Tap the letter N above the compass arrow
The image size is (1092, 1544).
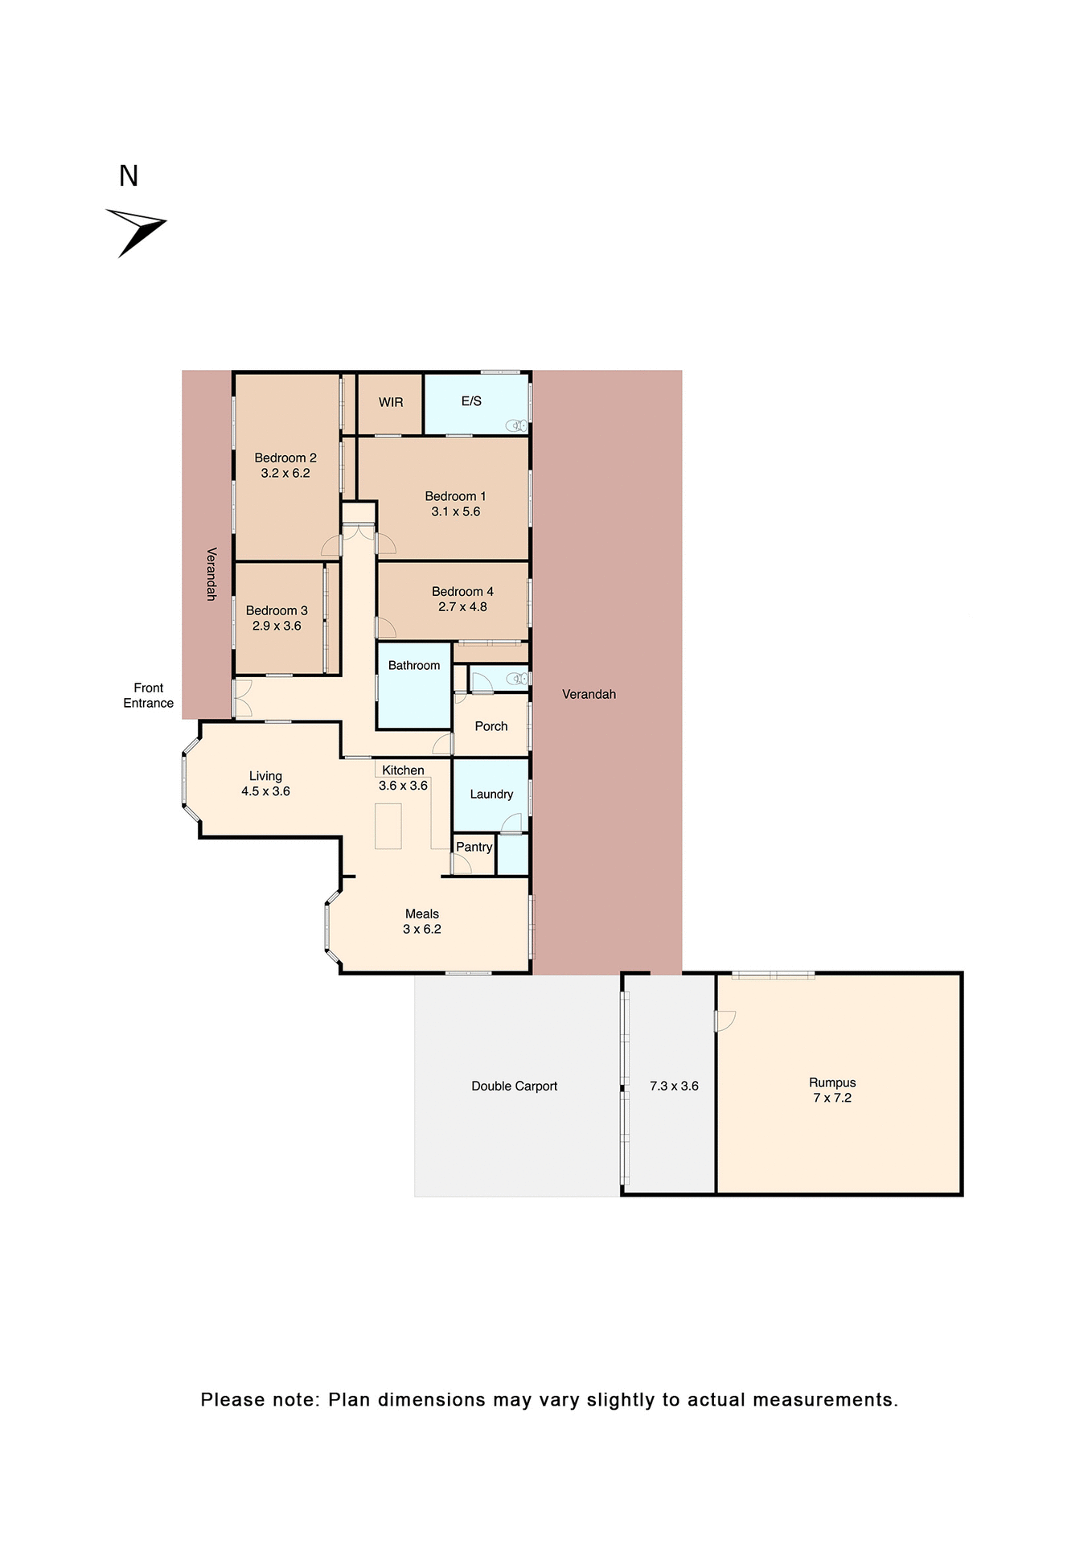click(x=129, y=176)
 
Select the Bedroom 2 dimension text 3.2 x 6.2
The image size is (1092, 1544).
click(x=285, y=474)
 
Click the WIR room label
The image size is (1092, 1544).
click(x=391, y=402)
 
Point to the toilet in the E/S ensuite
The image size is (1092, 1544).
click(x=516, y=425)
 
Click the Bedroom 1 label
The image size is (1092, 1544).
click(x=455, y=496)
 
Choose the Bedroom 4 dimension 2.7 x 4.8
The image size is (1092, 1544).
click(x=462, y=607)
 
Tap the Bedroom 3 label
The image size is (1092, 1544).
click(x=277, y=610)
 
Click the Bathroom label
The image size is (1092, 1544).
click(x=414, y=666)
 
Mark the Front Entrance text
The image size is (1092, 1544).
click(x=148, y=696)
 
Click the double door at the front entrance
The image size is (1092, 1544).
click(x=241, y=698)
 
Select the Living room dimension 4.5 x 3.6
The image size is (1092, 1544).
click(x=265, y=791)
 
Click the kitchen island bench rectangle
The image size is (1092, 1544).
click(x=388, y=826)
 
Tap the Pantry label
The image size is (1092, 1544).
click(x=474, y=847)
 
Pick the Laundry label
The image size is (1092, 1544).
click(x=491, y=795)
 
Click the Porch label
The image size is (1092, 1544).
click(x=491, y=726)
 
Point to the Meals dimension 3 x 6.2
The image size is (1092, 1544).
click(x=422, y=930)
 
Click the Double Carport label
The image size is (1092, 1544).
click(x=514, y=1086)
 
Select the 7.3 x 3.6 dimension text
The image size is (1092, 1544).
click(x=674, y=1086)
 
